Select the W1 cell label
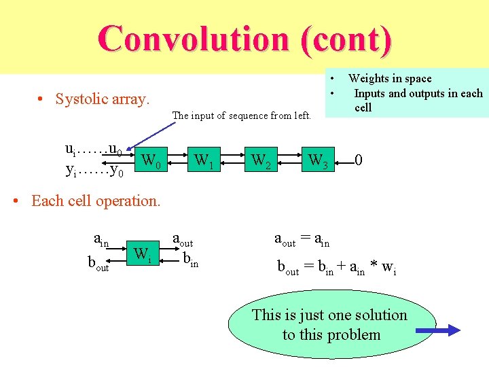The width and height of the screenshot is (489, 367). [204, 162]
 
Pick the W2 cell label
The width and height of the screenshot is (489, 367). [261, 162]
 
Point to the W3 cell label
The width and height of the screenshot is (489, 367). [318, 162]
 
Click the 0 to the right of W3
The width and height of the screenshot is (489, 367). [359, 161]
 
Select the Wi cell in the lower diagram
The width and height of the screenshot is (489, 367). [142, 255]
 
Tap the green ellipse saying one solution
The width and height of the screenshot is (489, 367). [331, 325]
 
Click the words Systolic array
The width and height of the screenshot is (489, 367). [102, 99]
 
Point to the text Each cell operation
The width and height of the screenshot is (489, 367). [96, 201]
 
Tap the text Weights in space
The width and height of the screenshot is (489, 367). [390, 79]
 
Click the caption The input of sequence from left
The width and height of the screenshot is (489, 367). [242, 116]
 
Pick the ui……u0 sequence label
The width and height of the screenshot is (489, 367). [93, 150]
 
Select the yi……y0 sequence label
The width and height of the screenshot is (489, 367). [94, 170]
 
